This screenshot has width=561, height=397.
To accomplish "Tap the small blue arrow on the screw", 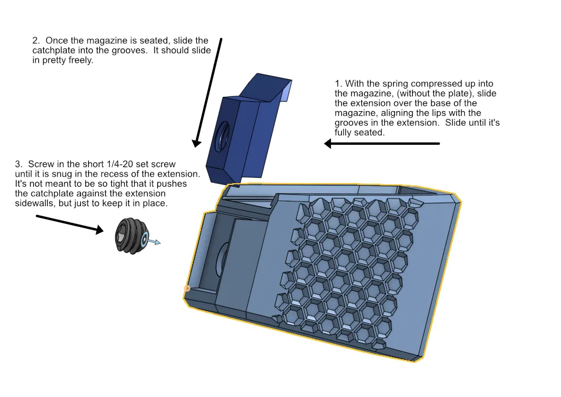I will tap(154, 241).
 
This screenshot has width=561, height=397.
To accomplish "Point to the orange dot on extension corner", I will tap(187, 289).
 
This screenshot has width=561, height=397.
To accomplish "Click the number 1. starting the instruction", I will tap(338, 84).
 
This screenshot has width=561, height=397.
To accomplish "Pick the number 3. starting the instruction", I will tap(18, 164).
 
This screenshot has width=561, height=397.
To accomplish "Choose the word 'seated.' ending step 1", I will tap(369, 132).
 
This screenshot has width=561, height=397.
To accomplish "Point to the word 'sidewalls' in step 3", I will tap(33, 203).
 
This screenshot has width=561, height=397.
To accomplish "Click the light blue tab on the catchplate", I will tap(287, 92).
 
